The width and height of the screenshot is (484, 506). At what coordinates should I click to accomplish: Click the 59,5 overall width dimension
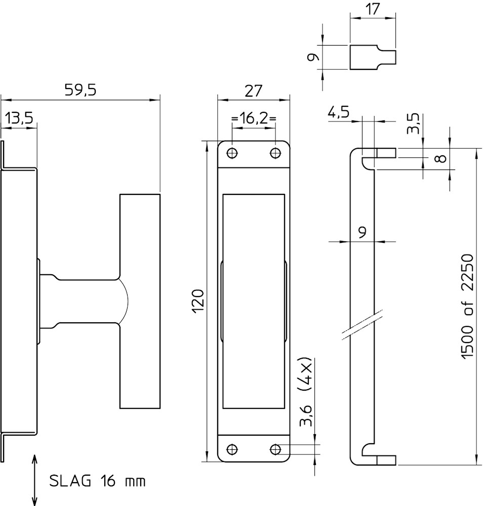[x=80, y=90]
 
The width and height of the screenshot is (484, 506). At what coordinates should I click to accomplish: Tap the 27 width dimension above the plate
[x=253, y=91]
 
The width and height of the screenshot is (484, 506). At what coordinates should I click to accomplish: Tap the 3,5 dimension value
[x=413, y=123]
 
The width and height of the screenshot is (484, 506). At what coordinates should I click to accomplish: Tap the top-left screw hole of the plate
[x=232, y=153]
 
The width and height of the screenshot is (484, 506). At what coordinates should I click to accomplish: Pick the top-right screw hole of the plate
[x=275, y=153]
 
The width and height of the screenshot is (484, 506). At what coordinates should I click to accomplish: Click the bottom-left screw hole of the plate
[x=232, y=449]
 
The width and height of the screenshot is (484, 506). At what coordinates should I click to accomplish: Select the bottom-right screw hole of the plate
[x=275, y=449]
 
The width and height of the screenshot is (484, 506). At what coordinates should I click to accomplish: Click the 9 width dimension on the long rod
[x=362, y=232]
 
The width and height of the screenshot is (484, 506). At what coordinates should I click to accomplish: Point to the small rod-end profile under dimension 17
[x=372, y=57]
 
